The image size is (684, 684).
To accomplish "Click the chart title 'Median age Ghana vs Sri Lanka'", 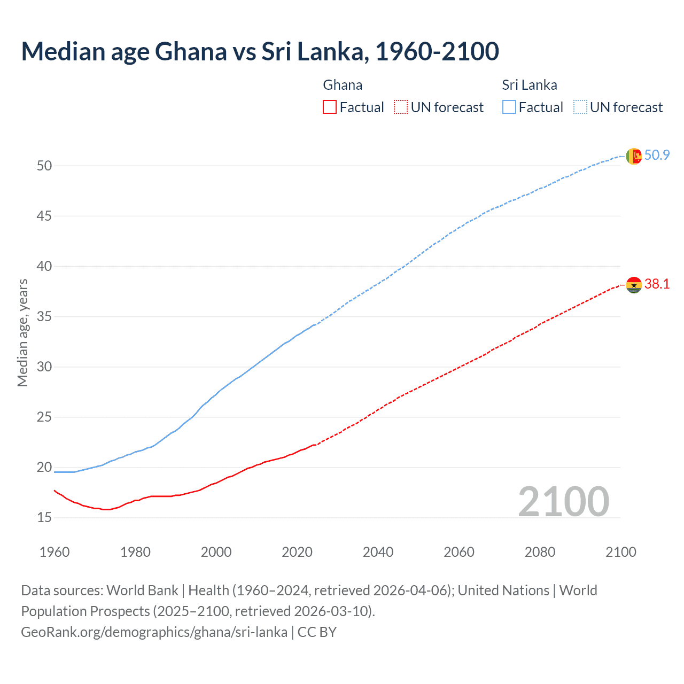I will [x=260, y=52].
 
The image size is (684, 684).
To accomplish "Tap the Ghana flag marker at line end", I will [x=634, y=285].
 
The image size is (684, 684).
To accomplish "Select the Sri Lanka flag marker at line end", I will [x=634, y=156].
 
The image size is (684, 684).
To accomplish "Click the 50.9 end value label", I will [x=657, y=155].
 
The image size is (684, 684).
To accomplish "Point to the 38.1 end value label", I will [x=657, y=284].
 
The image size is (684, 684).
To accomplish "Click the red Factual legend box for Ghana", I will [x=330, y=107].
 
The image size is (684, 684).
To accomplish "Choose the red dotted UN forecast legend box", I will [x=401, y=107].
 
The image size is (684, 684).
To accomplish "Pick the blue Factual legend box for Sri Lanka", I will [x=509, y=107].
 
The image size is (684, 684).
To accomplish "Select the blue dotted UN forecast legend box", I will [x=580, y=107].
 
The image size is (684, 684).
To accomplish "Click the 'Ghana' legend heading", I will [x=343, y=85].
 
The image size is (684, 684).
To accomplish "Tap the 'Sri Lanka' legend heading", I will [x=529, y=85].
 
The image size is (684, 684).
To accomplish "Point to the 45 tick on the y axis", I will [x=44, y=216].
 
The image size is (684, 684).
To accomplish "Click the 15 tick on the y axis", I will [x=44, y=517].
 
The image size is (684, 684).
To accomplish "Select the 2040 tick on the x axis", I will [x=378, y=552].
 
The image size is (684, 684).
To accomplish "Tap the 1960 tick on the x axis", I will [x=55, y=552].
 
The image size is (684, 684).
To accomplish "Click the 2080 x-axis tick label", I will [x=540, y=552].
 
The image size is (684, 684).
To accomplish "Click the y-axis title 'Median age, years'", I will [x=22, y=332].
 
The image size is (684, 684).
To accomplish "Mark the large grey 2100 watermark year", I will [x=563, y=501].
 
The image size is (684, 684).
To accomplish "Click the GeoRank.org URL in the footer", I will [x=154, y=632].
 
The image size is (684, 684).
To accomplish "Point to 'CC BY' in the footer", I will [x=317, y=632].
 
